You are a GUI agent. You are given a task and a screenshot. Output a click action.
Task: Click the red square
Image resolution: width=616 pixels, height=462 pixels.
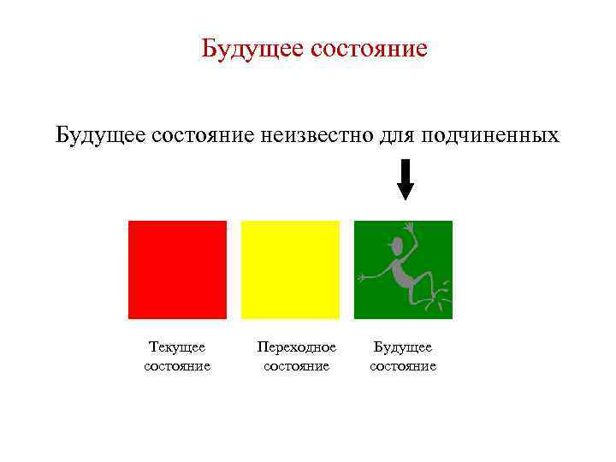177,269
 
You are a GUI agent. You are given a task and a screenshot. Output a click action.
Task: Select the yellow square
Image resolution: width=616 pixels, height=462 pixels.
290,269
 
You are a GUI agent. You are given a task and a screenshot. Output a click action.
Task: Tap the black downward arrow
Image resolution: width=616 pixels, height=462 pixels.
406,180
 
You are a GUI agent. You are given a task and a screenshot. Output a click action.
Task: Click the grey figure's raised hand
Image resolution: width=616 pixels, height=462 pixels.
409,227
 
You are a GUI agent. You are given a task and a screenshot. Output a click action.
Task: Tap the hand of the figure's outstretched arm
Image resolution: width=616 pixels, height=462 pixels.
363,277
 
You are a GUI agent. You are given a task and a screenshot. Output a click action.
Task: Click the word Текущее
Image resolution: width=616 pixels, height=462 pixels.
177,347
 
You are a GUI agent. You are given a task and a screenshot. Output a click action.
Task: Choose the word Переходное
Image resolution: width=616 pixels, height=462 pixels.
296,347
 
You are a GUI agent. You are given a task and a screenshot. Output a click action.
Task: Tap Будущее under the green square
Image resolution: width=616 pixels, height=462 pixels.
403,347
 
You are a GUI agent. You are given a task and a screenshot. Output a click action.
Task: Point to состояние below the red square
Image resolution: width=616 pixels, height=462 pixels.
177,366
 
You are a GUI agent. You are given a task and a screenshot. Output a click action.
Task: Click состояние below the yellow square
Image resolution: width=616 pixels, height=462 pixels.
296,366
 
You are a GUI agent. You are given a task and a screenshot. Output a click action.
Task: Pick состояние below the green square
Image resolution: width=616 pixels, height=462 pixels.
403,366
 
